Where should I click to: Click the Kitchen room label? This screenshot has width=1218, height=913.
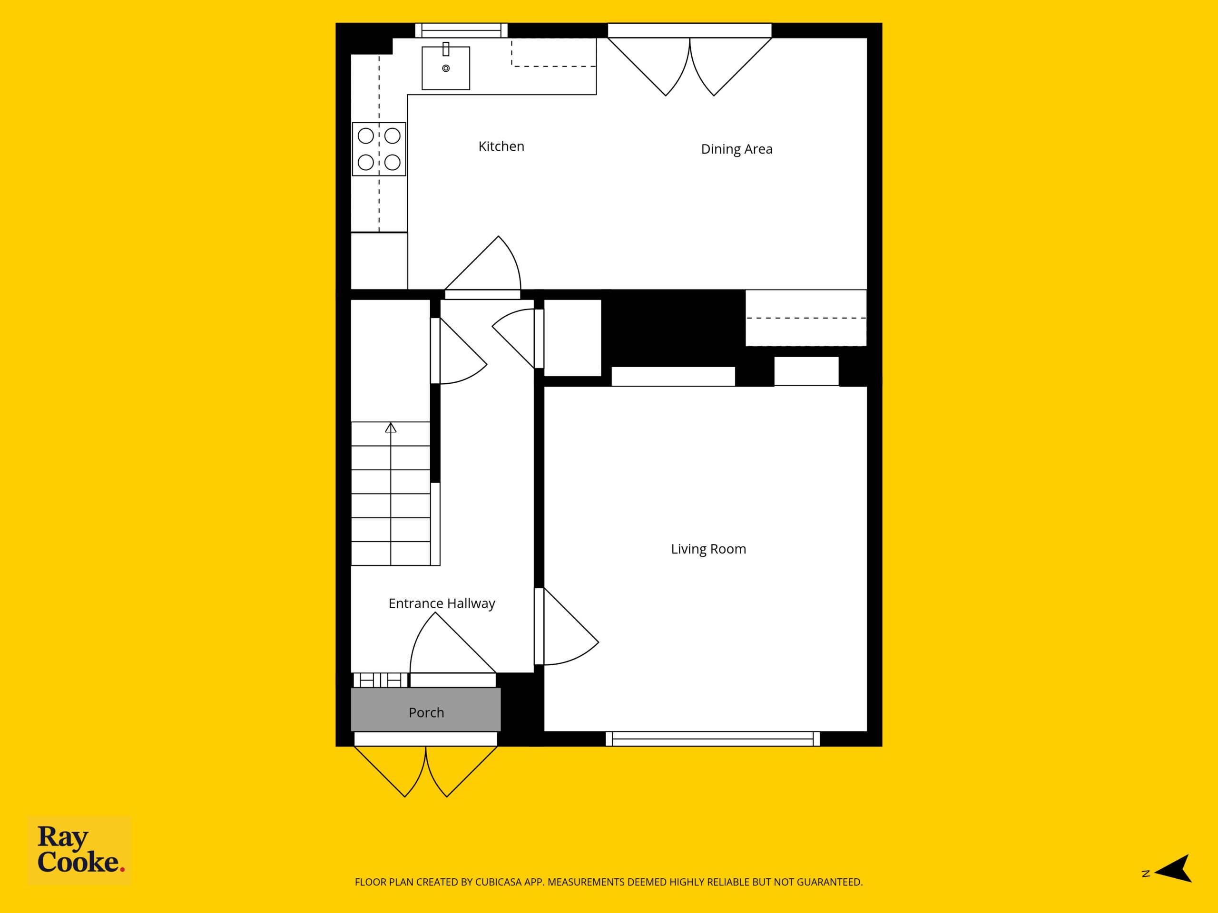point(501,146)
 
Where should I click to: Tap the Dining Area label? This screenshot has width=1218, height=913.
point(736,149)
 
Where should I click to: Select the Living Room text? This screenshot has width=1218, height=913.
point(708,549)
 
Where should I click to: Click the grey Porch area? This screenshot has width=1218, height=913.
point(426,709)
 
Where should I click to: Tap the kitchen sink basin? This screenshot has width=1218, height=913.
point(445,68)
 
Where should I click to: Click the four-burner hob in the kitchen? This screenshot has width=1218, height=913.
point(379,149)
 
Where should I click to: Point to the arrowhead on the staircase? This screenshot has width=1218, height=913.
point(391,427)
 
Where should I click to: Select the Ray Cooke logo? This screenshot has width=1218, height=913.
point(79,850)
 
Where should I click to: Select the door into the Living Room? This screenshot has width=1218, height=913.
point(567,626)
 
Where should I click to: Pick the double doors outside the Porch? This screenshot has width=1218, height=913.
point(426,771)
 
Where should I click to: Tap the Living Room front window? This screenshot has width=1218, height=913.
point(713,738)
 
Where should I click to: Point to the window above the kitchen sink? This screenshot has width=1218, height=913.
point(461,30)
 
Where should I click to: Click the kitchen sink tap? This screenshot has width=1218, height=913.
point(446,49)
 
